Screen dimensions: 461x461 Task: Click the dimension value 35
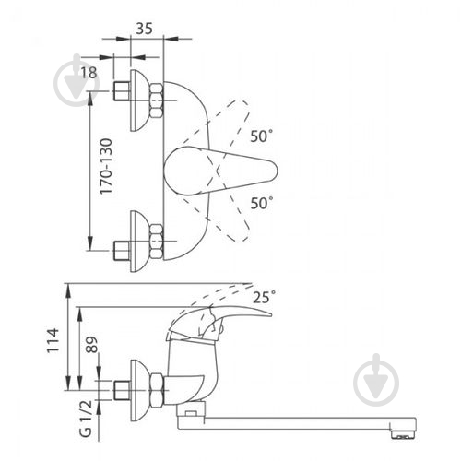[x=144, y=29]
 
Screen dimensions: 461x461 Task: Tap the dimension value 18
[x=89, y=73]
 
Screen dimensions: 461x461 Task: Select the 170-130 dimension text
[x=106, y=166]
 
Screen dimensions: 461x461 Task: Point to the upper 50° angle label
[x=261, y=136]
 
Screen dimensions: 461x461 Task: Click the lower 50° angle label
[x=262, y=203]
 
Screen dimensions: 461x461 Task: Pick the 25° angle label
[x=264, y=297]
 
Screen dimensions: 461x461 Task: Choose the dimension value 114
[x=53, y=340]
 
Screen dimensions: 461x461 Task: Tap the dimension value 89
[x=91, y=344]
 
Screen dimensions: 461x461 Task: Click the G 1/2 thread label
[x=86, y=418]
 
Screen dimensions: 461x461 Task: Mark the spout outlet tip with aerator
[x=403, y=429]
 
